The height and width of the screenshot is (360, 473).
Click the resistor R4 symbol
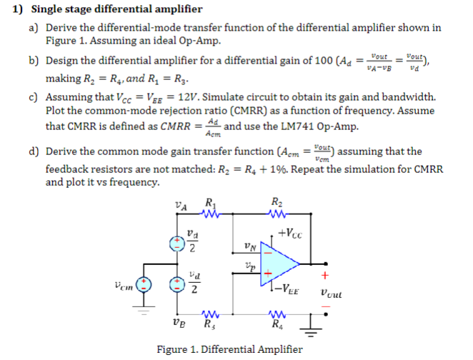pos(277,314)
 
